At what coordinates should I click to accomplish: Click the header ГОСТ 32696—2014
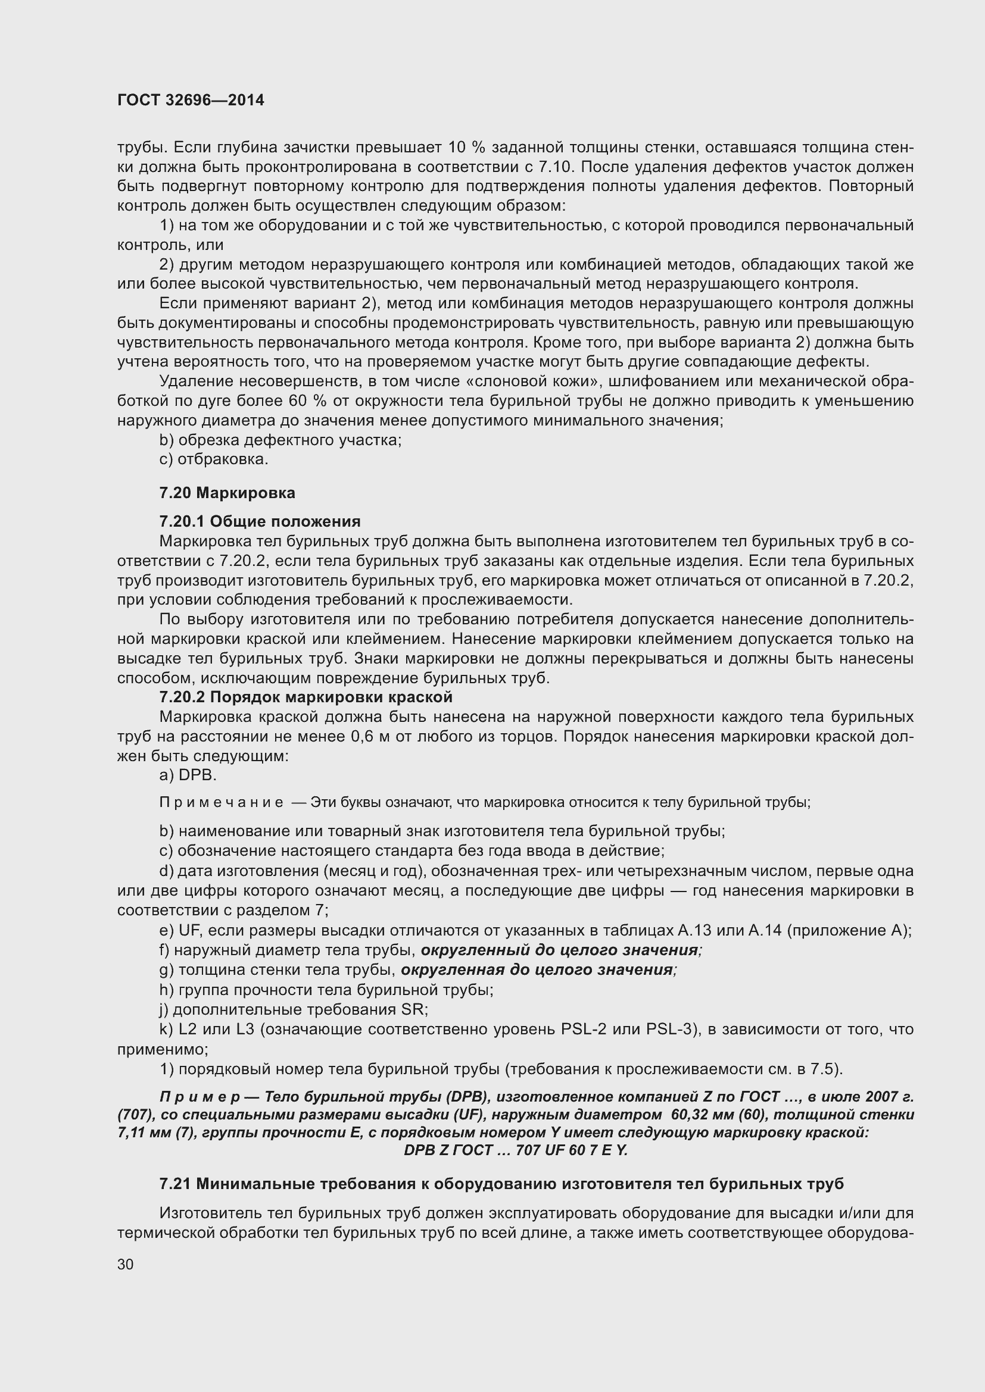(191, 101)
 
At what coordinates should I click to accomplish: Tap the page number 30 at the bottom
(126, 1265)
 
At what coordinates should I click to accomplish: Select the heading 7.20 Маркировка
(227, 493)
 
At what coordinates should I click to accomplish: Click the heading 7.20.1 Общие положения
(260, 521)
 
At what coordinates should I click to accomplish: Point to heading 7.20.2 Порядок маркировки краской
(306, 697)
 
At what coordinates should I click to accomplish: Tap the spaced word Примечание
(221, 803)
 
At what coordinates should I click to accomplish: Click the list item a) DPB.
(188, 775)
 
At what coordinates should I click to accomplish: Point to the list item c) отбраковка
(214, 459)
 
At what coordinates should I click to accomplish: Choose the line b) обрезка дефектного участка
(280, 440)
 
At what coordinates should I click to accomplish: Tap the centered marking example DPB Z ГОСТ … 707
(516, 1150)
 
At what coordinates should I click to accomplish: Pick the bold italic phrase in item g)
(537, 970)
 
